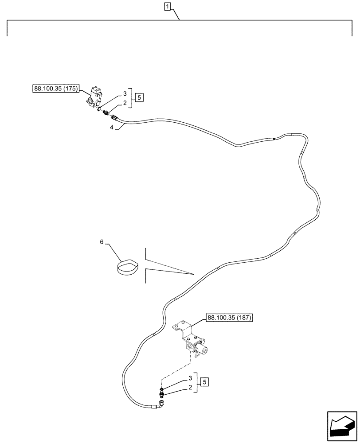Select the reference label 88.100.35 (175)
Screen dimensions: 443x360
(x=55, y=89)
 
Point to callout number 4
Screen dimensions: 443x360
(x=112, y=127)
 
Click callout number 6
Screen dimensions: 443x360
(x=102, y=242)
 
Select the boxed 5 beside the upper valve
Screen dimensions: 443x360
(x=139, y=97)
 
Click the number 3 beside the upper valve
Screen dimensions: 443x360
(x=125, y=94)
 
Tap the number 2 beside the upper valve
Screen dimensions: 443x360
(x=125, y=103)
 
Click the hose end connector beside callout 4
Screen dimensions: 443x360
(x=115, y=118)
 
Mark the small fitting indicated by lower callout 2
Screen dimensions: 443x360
(x=161, y=392)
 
